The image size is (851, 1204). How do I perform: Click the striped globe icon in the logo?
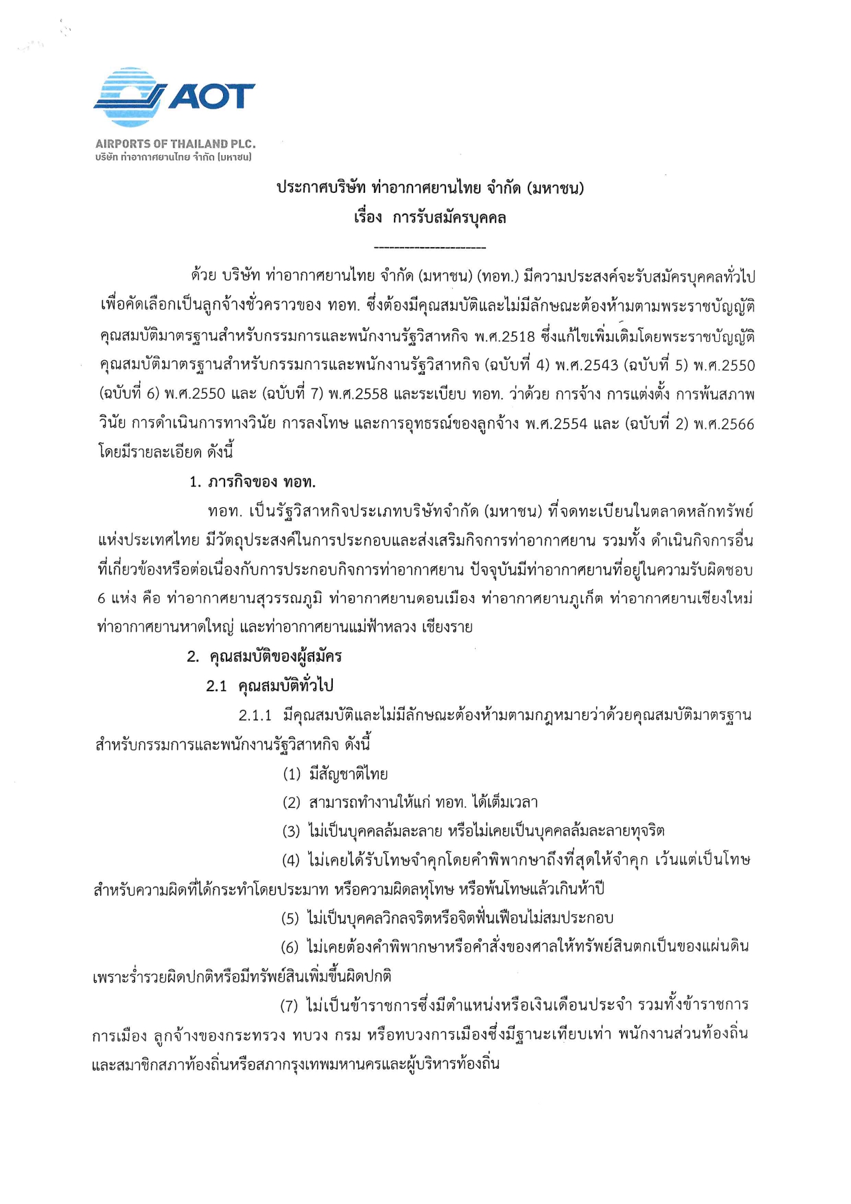coord(130,97)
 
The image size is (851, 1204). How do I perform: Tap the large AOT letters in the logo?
coord(211,97)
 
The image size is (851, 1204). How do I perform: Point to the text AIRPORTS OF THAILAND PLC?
coord(175,144)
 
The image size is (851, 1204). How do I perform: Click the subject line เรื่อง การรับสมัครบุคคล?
coord(430,218)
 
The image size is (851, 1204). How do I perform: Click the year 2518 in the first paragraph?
coord(517,336)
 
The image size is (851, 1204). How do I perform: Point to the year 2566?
coord(735,424)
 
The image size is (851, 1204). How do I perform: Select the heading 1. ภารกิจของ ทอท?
coord(253,482)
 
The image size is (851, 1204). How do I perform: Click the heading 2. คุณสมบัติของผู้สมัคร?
coord(264,656)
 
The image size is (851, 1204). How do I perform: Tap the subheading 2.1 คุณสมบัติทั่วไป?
coord(270,686)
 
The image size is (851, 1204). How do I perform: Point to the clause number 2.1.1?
coord(255,715)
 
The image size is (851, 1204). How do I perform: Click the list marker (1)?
coord(292,774)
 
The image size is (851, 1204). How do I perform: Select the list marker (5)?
coord(290,918)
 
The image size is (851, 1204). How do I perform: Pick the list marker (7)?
coord(289,1006)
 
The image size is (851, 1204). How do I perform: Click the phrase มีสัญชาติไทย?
coord(349,774)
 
